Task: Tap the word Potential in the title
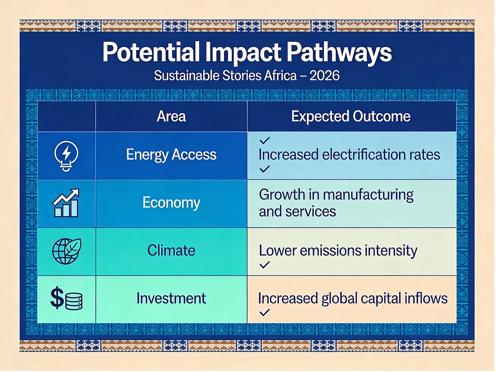[151, 52]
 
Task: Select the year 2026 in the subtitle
[324, 75]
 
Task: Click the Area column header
[171, 116]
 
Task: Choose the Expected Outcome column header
[351, 116]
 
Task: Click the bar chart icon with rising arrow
[66, 203]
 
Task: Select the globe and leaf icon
[67, 251]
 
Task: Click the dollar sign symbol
[57, 298]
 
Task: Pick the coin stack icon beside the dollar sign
[74, 301]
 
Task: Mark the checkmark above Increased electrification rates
[264, 140]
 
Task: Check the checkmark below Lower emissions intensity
[264, 265]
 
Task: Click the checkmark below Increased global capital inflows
[264, 313]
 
